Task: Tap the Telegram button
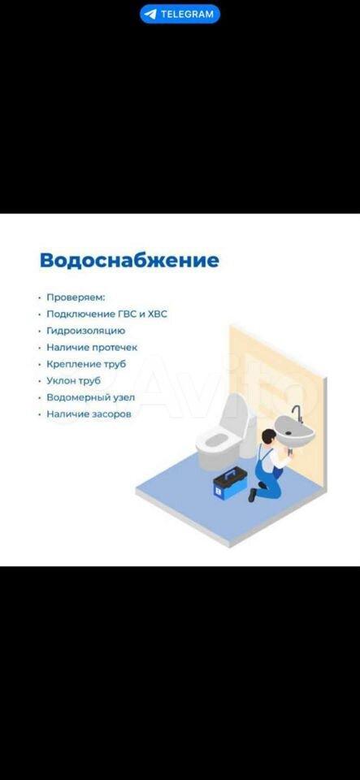click(180, 14)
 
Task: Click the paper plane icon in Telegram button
click(150, 14)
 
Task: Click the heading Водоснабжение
click(129, 261)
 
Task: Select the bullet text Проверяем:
click(76, 297)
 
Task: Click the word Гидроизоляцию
click(86, 331)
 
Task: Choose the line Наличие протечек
click(92, 347)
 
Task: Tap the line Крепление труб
click(86, 364)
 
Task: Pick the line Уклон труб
click(74, 381)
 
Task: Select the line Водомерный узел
click(90, 397)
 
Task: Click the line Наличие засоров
click(89, 414)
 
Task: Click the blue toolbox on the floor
click(230, 483)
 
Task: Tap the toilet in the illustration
click(225, 433)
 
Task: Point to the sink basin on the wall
click(294, 431)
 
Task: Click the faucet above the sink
click(297, 414)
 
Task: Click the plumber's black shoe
click(253, 495)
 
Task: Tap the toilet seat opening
click(215, 440)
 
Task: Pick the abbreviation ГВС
click(124, 314)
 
